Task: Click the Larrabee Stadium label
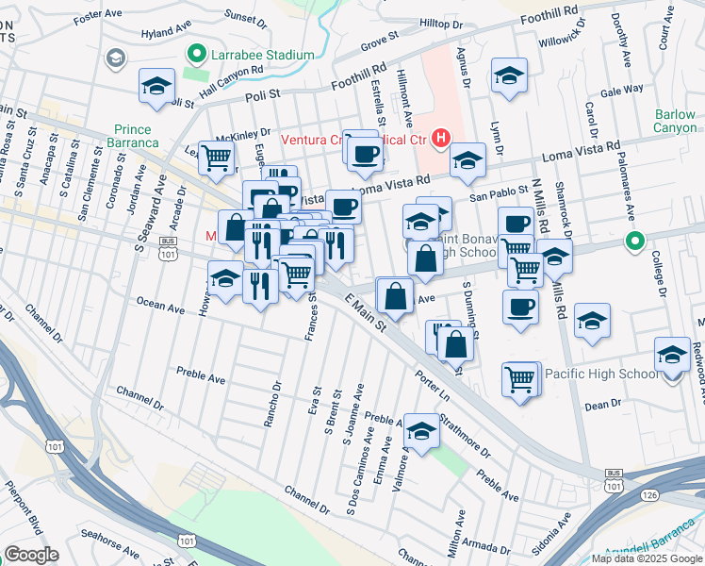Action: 262,55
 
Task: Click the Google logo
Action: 31,555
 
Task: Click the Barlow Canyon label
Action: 675,121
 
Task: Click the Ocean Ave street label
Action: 160,306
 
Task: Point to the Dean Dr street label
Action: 603,404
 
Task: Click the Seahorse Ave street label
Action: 111,534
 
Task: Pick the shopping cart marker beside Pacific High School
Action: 519,378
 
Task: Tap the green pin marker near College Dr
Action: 635,242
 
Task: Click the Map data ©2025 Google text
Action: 646,558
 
